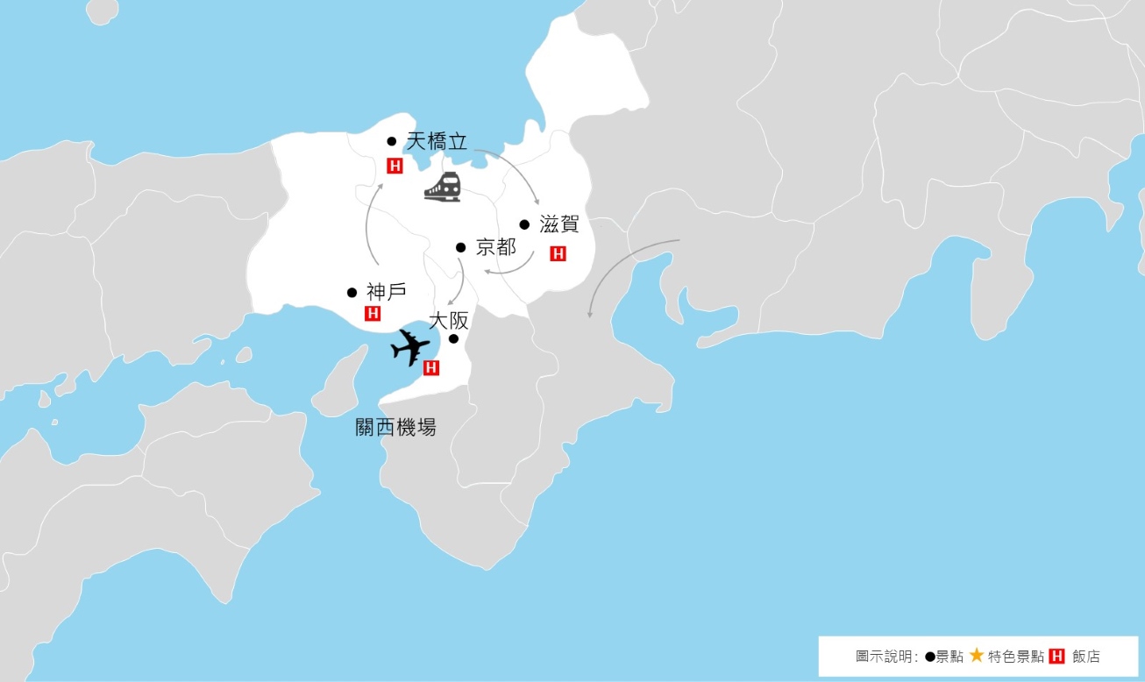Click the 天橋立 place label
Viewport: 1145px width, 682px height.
(437, 141)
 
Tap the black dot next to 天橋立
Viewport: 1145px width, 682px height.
(392, 141)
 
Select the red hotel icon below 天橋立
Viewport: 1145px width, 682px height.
(395, 166)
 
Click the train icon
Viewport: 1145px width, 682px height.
(443, 187)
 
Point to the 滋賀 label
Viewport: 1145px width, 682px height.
(559, 224)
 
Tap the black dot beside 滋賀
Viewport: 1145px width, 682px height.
(524, 224)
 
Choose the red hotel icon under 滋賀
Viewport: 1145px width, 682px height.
(558, 254)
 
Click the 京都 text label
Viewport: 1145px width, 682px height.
(495, 247)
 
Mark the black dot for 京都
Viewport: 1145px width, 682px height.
(460, 247)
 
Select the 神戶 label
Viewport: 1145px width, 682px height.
(387, 292)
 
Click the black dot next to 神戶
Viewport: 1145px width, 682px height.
(352, 293)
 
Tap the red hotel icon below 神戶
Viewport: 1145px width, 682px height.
(373, 313)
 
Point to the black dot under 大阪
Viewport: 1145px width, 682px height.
(454, 339)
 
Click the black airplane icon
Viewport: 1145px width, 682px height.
(409, 347)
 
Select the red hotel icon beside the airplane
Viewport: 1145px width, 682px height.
(430, 368)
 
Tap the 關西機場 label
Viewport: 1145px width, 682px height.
(395, 427)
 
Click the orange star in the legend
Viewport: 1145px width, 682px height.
(977, 655)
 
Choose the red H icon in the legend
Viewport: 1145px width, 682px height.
(1056, 656)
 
